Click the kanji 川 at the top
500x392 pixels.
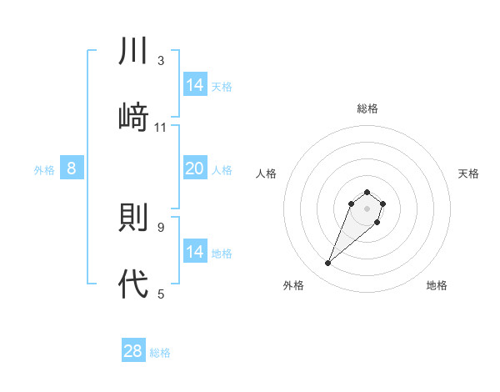[133, 51]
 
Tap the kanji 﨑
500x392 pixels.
[133, 117]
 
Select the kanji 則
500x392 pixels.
[133, 218]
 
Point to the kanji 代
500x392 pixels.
[133, 284]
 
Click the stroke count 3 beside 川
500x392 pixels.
[161, 61]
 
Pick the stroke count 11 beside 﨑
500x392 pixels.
[161, 127]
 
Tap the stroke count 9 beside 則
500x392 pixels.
[161, 227]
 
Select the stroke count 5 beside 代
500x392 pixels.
[161, 294]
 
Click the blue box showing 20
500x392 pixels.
[195, 169]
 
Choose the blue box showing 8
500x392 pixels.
[72, 169]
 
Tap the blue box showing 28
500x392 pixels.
[133, 351]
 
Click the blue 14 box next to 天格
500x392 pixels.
[195, 85]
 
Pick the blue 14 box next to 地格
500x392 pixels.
[195, 252]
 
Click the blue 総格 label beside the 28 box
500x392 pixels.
[160, 353]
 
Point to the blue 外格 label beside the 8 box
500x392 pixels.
[44, 170]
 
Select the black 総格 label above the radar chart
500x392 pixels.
[367, 108]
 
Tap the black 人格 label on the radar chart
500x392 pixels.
[267, 173]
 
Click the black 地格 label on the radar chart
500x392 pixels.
[437, 285]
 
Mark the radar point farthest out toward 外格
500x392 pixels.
[328, 264]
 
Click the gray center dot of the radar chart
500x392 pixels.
[367, 208]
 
